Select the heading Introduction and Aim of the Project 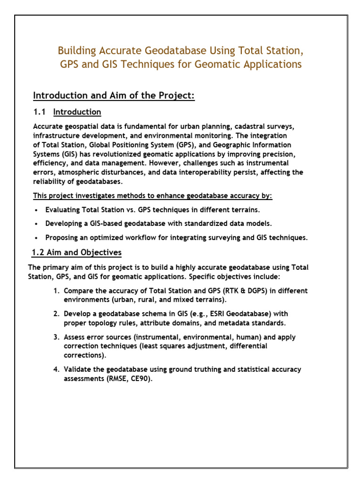(x=114, y=96)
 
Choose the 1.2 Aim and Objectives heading (x=76, y=252)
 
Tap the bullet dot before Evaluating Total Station (x=37, y=210)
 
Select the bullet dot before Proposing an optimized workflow (x=37, y=238)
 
